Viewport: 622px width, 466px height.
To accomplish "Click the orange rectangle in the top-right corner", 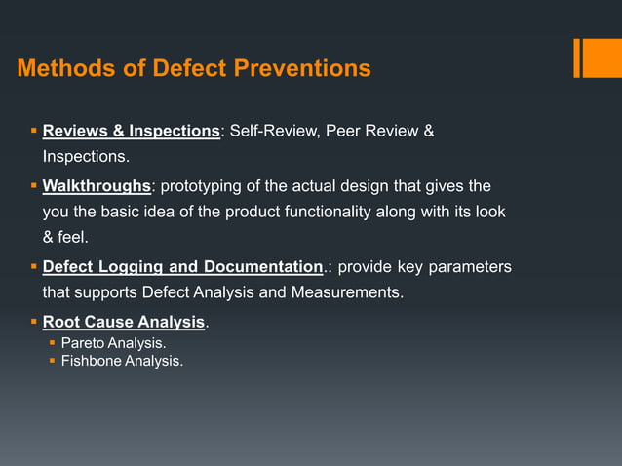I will [x=596, y=58].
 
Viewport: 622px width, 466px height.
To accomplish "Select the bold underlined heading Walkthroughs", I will [x=97, y=185].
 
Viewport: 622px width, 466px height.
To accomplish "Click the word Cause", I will [x=108, y=322].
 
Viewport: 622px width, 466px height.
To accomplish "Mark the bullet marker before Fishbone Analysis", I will [x=53, y=361].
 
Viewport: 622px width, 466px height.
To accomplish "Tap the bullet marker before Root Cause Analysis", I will [x=33, y=322].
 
